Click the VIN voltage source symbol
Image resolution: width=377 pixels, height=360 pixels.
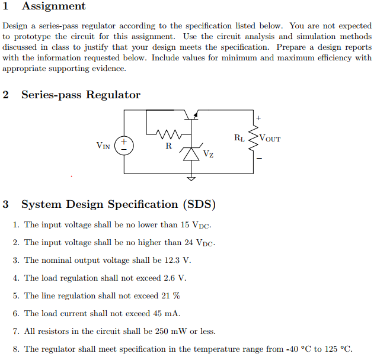pos(124,144)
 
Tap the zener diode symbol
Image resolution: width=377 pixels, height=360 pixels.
pos(191,153)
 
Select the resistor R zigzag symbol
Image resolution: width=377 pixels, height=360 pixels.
pos(168,133)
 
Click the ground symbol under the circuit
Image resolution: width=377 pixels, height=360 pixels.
pos(191,176)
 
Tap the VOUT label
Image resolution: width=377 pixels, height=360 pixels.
pos(270,139)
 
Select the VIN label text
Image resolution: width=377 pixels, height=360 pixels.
pos(103,145)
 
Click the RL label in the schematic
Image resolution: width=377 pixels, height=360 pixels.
pos(239,138)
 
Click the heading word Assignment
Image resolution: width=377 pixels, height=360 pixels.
pos(53,7)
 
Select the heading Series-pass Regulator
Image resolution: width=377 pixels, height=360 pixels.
pos(81,95)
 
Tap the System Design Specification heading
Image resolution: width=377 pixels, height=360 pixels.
pos(118,205)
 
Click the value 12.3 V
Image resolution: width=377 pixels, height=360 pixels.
pos(177,260)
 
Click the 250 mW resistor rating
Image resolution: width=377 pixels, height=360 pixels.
pos(173,331)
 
